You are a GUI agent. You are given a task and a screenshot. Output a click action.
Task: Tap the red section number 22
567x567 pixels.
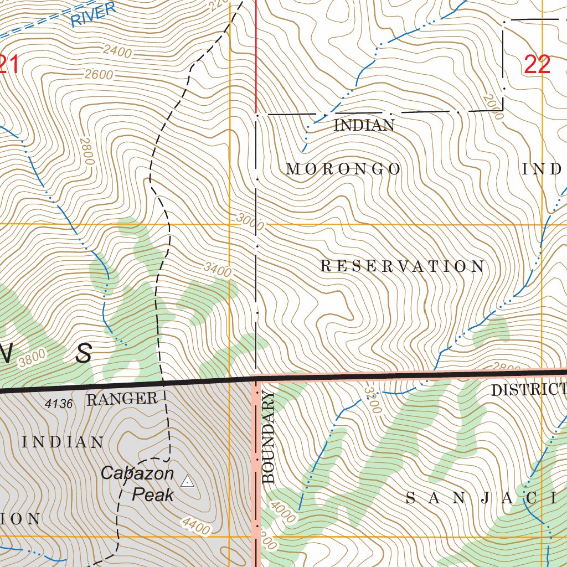click(537, 65)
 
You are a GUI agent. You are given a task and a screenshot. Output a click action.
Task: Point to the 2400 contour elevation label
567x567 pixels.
click(117, 52)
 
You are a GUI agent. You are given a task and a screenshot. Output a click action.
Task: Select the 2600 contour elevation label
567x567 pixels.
click(99, 75)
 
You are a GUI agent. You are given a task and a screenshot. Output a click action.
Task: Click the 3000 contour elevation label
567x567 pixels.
click(250, 222)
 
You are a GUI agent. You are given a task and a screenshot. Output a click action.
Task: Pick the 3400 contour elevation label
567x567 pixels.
click(217, 270)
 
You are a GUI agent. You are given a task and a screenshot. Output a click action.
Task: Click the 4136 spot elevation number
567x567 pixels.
click(59, 404)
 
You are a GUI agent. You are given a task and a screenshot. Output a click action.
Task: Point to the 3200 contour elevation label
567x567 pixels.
click(373, 400)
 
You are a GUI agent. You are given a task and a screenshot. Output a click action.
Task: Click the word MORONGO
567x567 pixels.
click(343, 169)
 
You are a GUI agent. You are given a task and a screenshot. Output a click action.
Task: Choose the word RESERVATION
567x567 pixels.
click(403, 267)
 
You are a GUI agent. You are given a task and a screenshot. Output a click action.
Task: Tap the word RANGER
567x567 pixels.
click(122, 399)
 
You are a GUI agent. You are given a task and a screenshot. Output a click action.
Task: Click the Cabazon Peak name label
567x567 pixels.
click(137, 484)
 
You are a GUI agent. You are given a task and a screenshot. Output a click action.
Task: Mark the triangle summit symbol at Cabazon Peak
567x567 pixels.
click(188, 481)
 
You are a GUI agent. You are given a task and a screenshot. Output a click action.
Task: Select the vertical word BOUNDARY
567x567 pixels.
click(269, 437)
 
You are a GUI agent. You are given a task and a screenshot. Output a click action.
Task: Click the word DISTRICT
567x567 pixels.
click(528, 390)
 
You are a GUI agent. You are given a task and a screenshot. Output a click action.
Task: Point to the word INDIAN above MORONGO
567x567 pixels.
click(364, 126)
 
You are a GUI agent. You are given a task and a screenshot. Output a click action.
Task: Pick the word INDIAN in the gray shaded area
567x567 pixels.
click(63, 442)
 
